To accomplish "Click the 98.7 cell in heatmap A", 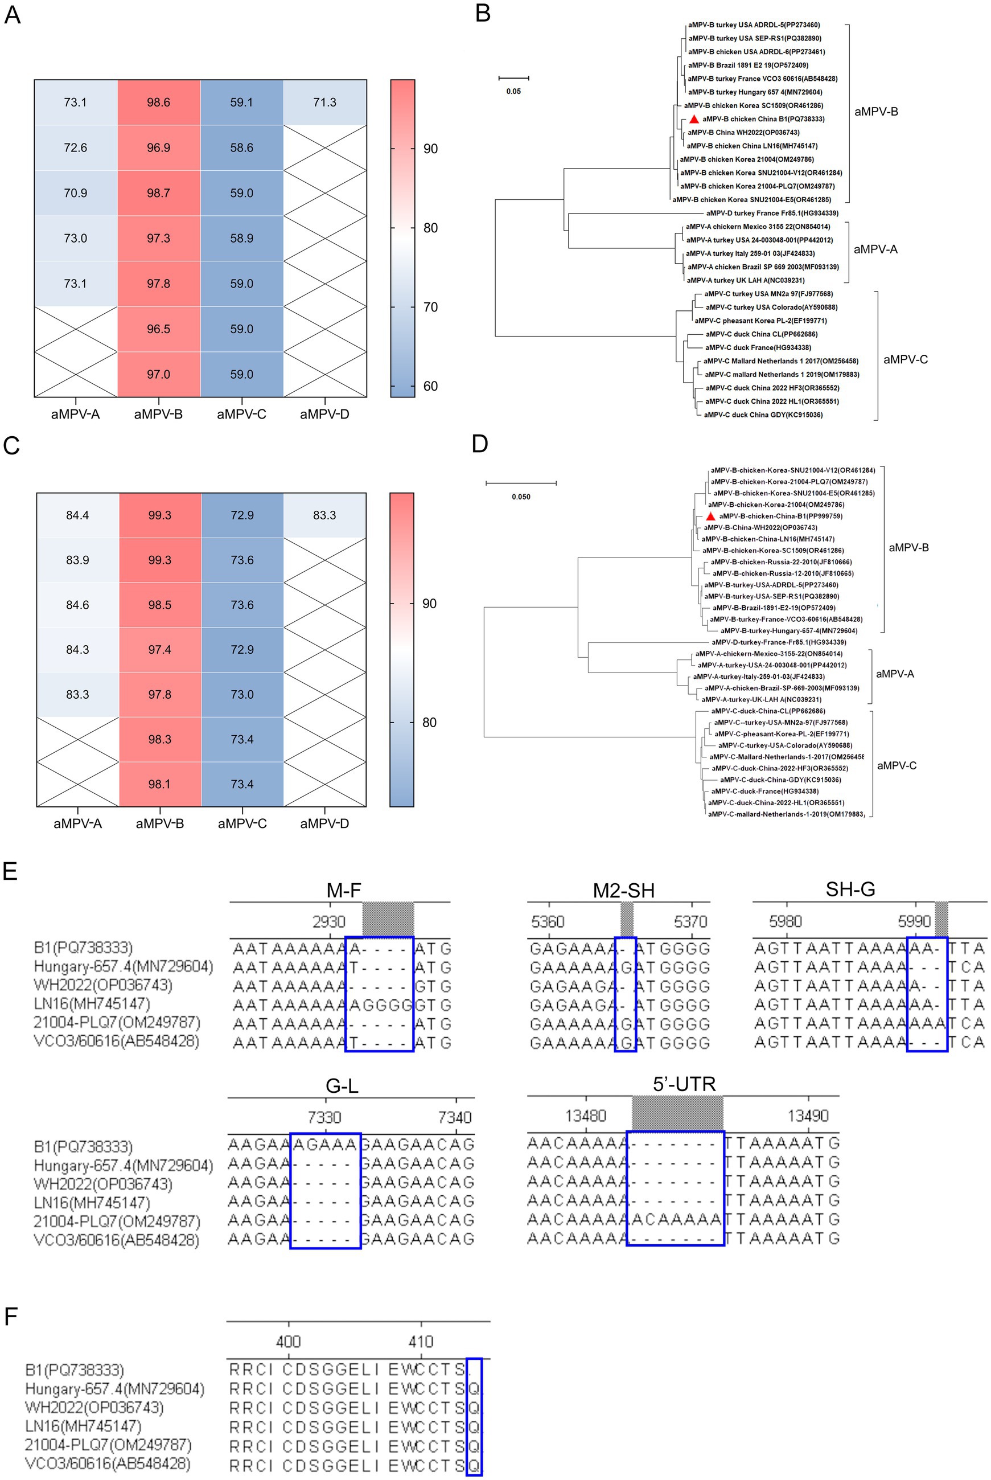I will pyautogui.click(x=158, y=193).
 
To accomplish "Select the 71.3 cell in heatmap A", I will pyautogui.click(x=324, y=103).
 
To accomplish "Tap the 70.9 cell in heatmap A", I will pyautogui.click(x=75, y=193).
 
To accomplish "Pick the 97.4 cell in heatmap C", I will pyautogui.click(x=159, y=650).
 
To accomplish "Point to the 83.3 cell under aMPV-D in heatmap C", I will pyautogui.click(x=324, y=515).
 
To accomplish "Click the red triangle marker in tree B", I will pyautogui.click(x=694, y=119).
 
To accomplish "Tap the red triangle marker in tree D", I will pyautogui.click(x=710, y=516).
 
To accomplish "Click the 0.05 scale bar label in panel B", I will pyautogui.click(x=513, y=92).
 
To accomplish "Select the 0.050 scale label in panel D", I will pyautogui.click(x=521, y=497).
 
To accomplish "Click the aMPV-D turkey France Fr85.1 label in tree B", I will pyautogui.click(x=772, y=213).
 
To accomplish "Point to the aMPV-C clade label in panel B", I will pyautogui.click(x=905, y=360).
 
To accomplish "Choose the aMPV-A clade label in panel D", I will pyautogui.click(x=894, y=674).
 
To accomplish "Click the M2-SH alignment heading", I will pyautogui.click(x=623, y=890).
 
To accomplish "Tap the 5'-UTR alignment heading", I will pyautogui.click(x=684, y=1084).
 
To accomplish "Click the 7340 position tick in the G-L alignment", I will pyautogui.click(x=454, y=1118).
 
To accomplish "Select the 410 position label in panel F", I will pyautogui.click(x=421, y=1342).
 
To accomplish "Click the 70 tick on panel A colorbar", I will pyautogui.click(x=430, y=308).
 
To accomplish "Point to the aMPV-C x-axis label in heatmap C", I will pyautogui.click(x=242, y=823).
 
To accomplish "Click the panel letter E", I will pyautogui.click(x=10, y=871).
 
